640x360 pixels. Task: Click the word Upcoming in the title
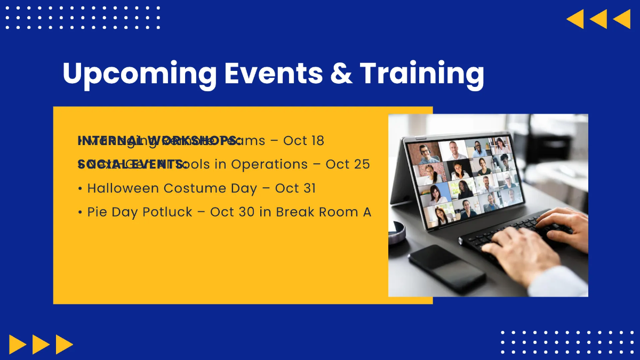click(x=139, y=74)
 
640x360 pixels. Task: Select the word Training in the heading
click(x=422, y=74)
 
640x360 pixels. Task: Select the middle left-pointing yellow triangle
click(x=598, y=19)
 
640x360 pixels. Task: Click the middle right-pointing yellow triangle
click(x=41, y=344)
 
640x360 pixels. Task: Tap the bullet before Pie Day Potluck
click(x=80, y=212)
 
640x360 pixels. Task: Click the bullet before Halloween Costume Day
click(x=80, y=189)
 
